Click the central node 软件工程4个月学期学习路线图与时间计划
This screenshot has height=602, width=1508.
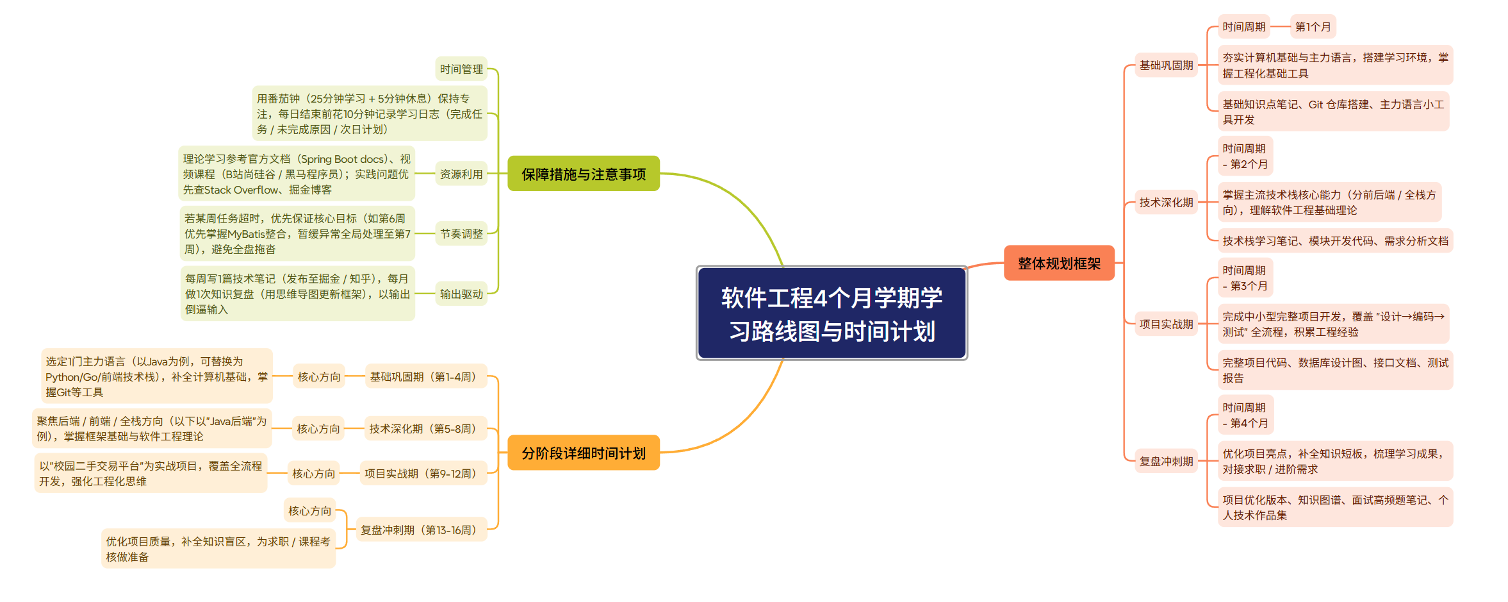click(x=832, y=314)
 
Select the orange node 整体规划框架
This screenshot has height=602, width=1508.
click(x=1059, y=263)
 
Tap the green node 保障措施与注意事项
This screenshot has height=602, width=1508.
click(x=583, y=174)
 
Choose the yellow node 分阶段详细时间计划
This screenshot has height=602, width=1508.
click(x=583, y=453)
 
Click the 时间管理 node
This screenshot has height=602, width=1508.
click(x=461, y=69)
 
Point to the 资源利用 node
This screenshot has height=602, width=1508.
click(x=461, y=174)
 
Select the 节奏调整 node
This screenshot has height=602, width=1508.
click(x=461, y=233)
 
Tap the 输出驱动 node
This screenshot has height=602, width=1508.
click(x=461, y=294)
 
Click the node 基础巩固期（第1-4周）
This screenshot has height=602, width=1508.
click(x=425, y=376)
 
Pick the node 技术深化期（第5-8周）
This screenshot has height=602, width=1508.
click(x=425, y=428)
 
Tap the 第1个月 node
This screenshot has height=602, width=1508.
click(x=1313, y=26)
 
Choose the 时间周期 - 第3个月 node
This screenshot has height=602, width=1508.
click(x=1245, y=278)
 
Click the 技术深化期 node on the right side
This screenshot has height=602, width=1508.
click(x=1166, y=202)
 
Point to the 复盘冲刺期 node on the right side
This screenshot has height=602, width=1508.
click(x=1166, y=461)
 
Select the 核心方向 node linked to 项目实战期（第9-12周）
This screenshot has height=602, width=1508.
click(x=313, y=473)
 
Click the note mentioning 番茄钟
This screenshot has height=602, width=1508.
click(x=370, y=113)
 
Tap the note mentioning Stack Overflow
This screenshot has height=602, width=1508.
click(x=296, y=174)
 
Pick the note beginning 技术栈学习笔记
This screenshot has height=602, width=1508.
click(x=1335, y=240)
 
